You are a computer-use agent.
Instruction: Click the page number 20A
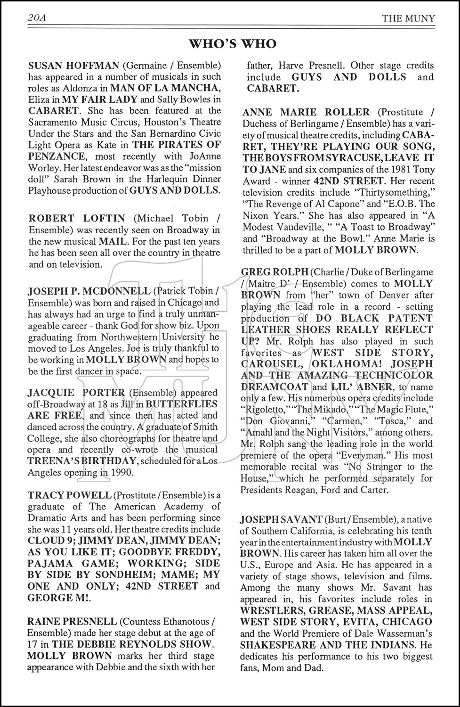coord(39,18)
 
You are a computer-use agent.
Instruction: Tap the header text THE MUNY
coord(408,18)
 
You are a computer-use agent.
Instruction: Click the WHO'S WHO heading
coord(233,44)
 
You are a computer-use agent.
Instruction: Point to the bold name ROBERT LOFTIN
coord(77,218)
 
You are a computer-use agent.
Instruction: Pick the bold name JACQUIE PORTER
coord(76,393)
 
